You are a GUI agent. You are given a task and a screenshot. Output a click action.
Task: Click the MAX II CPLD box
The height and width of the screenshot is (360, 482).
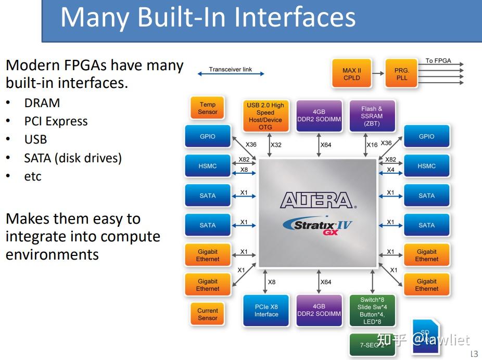pyautogui.click(x=352, y=74)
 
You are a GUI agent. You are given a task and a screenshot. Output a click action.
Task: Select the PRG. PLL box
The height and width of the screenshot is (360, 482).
pyautogui.click(x=401, y=74)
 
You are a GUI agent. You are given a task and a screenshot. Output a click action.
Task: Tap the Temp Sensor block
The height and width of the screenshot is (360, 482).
pyautogui.click(x=207, y=108)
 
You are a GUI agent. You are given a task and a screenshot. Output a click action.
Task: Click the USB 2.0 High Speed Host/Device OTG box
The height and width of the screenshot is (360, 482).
pyautogui.click(x=265, y=116)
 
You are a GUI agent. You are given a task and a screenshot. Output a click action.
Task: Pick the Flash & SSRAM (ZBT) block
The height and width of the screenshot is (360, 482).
pyautogui.click(x=372, y=116)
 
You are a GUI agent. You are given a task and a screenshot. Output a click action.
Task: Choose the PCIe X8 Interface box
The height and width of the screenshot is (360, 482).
pyautogui.click(x=266, y=311)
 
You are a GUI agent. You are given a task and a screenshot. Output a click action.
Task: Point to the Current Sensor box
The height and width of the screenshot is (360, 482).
pyautogui.click(x=207, y=314)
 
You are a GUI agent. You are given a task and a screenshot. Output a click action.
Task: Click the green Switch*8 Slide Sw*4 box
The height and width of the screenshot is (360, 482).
pyautogui.click(x=372, y=311)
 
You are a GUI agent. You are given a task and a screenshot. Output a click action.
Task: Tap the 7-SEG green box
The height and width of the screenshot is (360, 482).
pyautogui.click(x=372, y=344)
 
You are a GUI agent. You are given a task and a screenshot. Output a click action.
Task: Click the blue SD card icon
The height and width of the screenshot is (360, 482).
pyautogui.click(x=425, y=337)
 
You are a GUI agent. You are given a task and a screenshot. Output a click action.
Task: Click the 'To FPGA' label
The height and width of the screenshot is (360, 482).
pyautogui.click(x=438, y=61)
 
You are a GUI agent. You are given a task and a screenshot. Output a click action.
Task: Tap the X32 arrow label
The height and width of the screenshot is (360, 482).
pyautogui.click(x=276, y=145)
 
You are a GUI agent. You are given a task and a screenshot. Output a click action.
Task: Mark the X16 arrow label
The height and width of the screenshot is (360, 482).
pyautogui.click(x=372, y=145)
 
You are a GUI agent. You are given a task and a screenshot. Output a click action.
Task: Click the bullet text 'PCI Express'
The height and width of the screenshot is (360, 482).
pyautogui.click(x=56, y=121)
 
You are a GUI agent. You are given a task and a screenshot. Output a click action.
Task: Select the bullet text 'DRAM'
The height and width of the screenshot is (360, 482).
pyautogui.click(x=42, y=103)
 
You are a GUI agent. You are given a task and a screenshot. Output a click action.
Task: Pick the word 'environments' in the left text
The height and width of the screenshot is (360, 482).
pyautogui.click(x=52, y=254)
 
